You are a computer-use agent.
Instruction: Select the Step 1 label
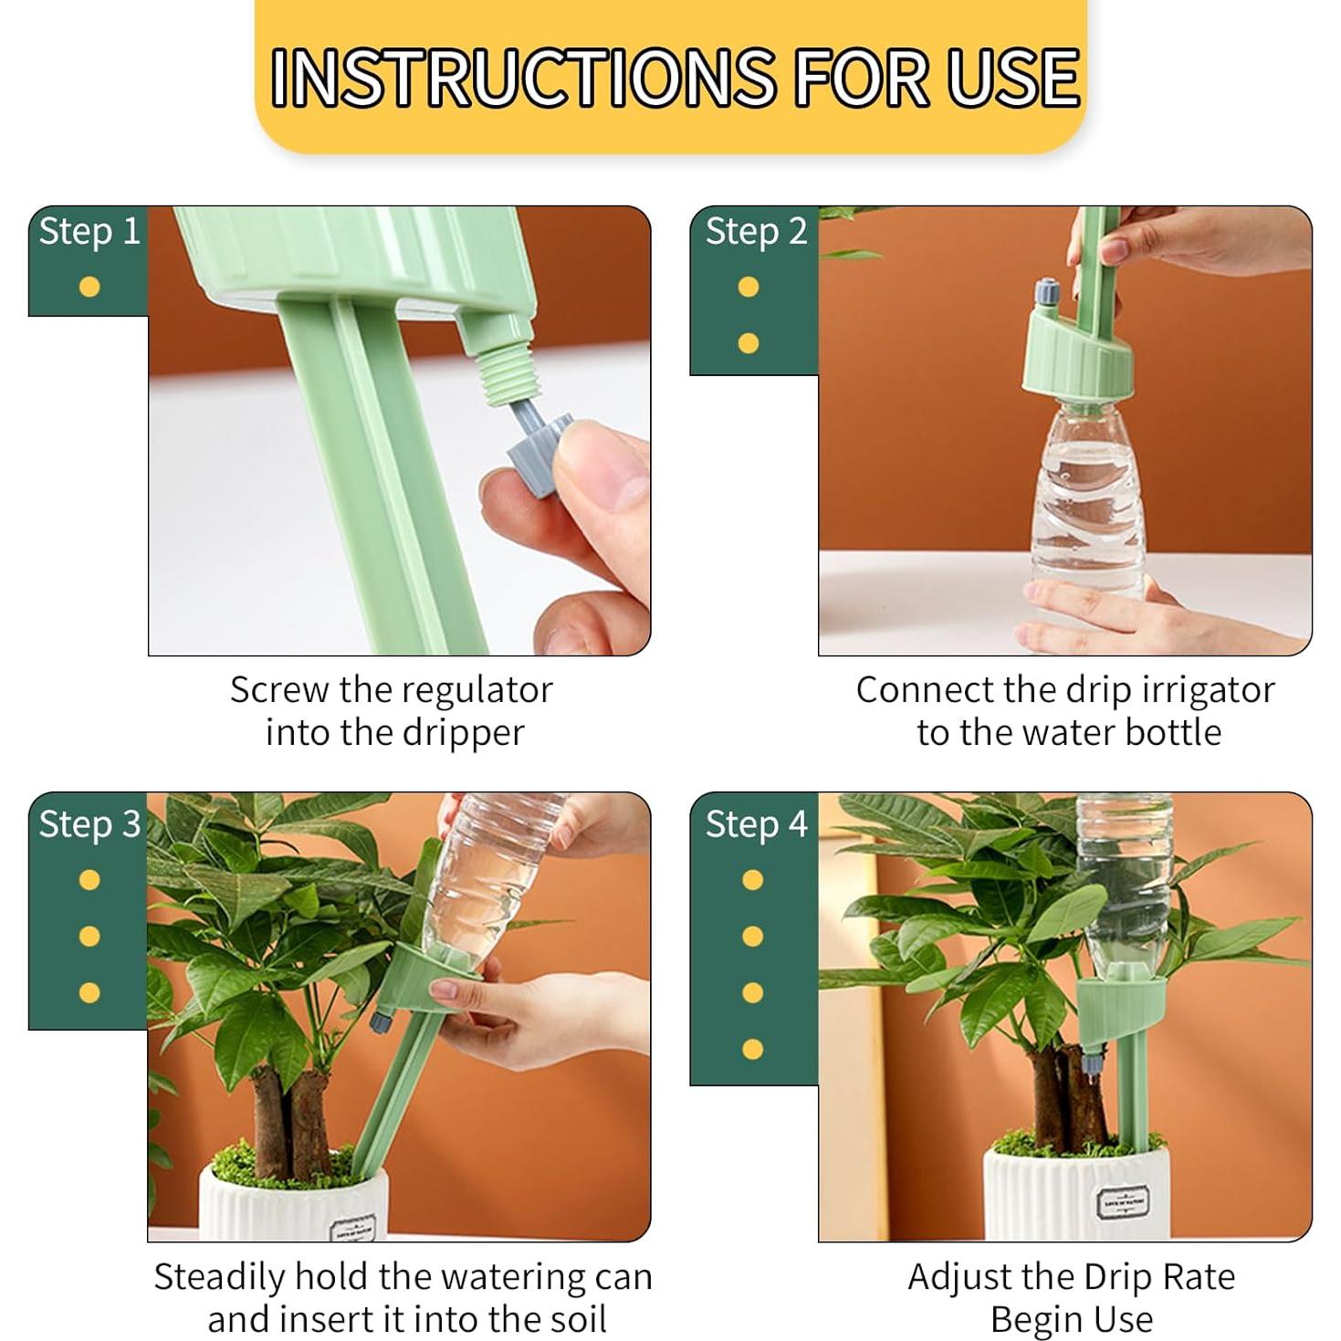89,231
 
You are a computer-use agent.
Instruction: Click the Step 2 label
756,231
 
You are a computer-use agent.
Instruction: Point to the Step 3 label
89,823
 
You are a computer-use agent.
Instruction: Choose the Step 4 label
756,823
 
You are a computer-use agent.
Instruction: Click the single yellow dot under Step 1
89,288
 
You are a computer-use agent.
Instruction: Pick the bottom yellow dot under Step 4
752,1049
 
